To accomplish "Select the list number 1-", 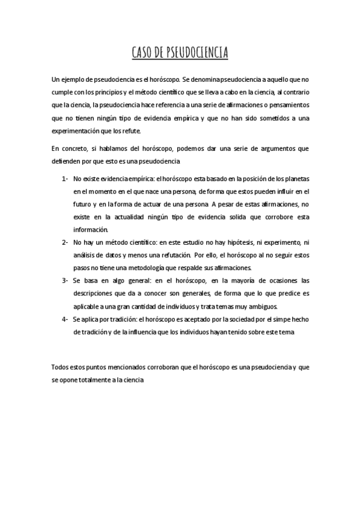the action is tap(65, 179).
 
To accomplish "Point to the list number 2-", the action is tap(65, 242).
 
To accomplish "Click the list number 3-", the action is tap(65, 280).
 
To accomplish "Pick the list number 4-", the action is tap(65, 319).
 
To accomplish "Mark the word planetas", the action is tap(295, 179).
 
